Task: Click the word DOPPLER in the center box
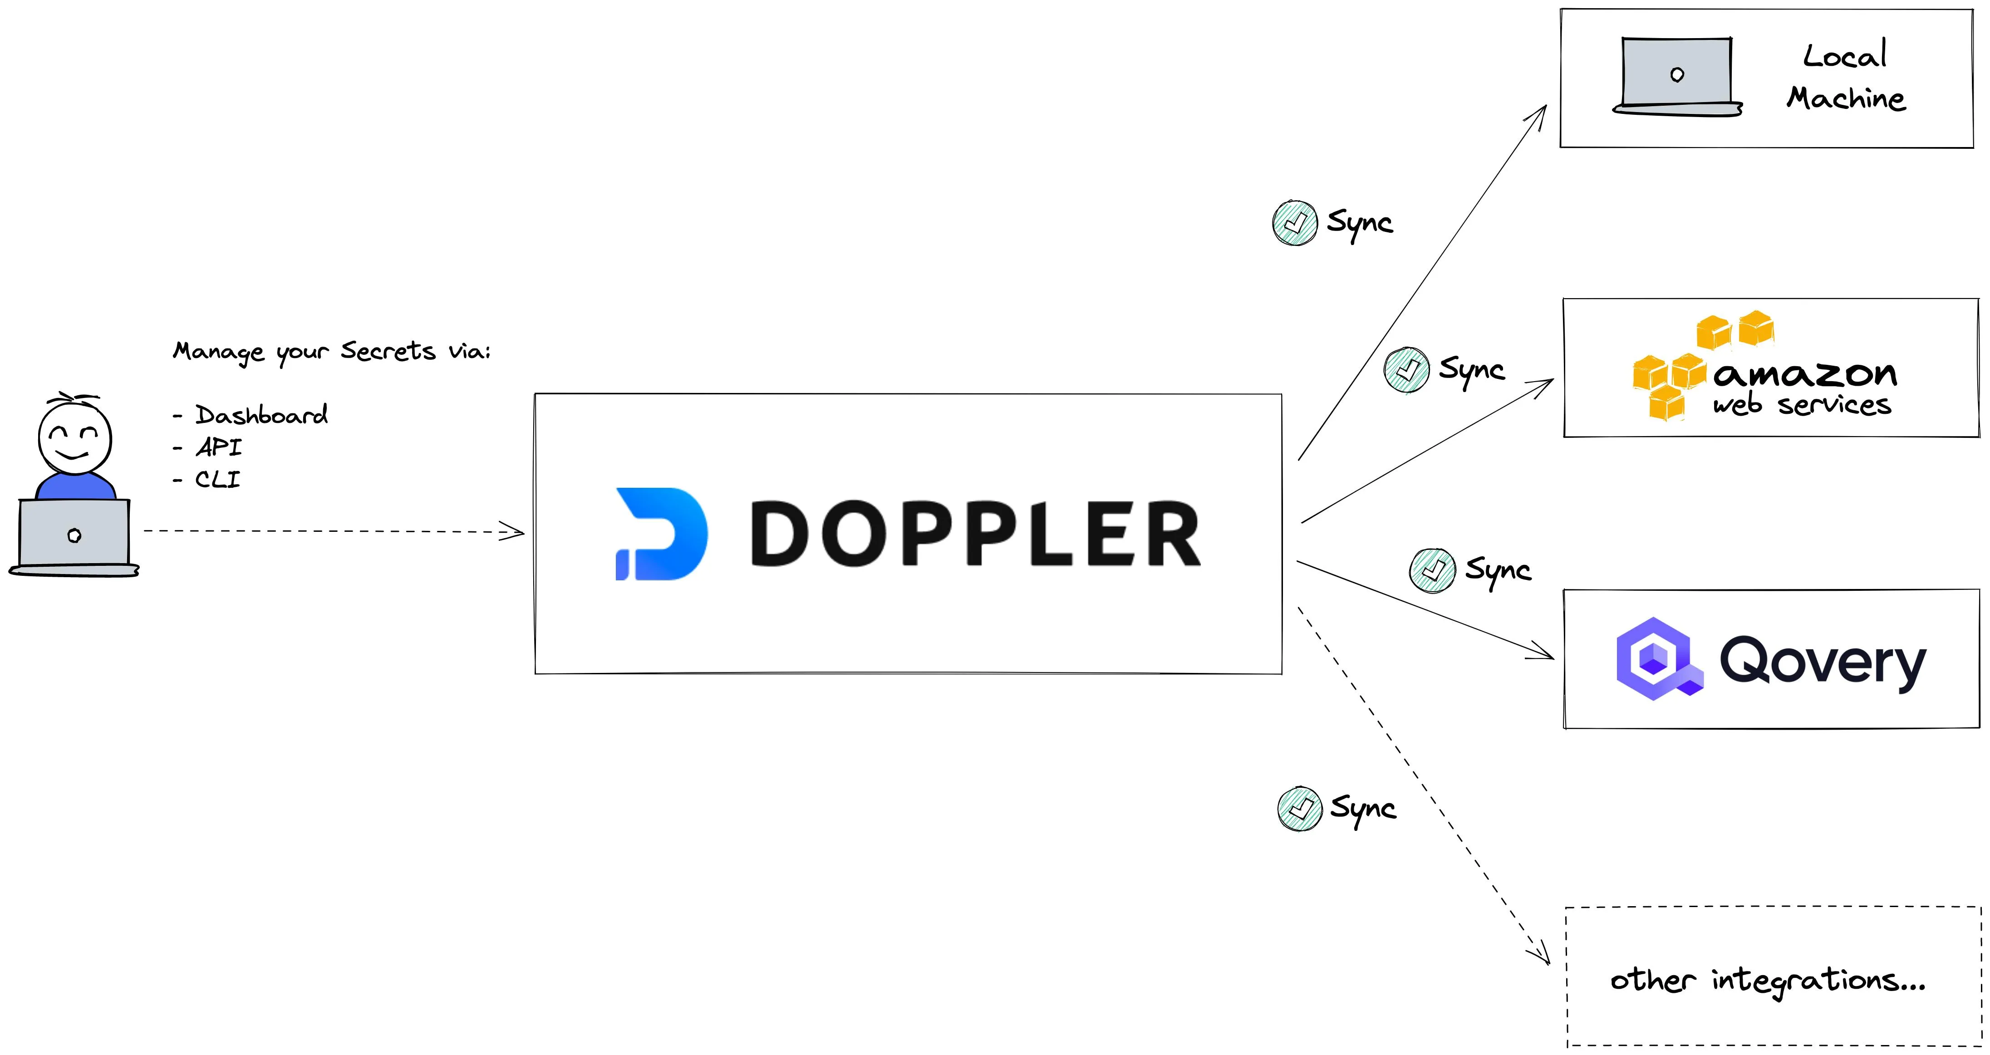(x=975, y=534)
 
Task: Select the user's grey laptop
(x=74, y=535)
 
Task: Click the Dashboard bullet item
(x=260, y=415)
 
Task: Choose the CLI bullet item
(x=217, y=480)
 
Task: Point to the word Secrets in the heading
(x=388, y=351)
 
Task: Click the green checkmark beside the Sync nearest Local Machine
(x=1295, y=223)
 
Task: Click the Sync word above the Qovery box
(x=1498, y=571)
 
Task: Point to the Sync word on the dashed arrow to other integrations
(x=1363, y=809)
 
